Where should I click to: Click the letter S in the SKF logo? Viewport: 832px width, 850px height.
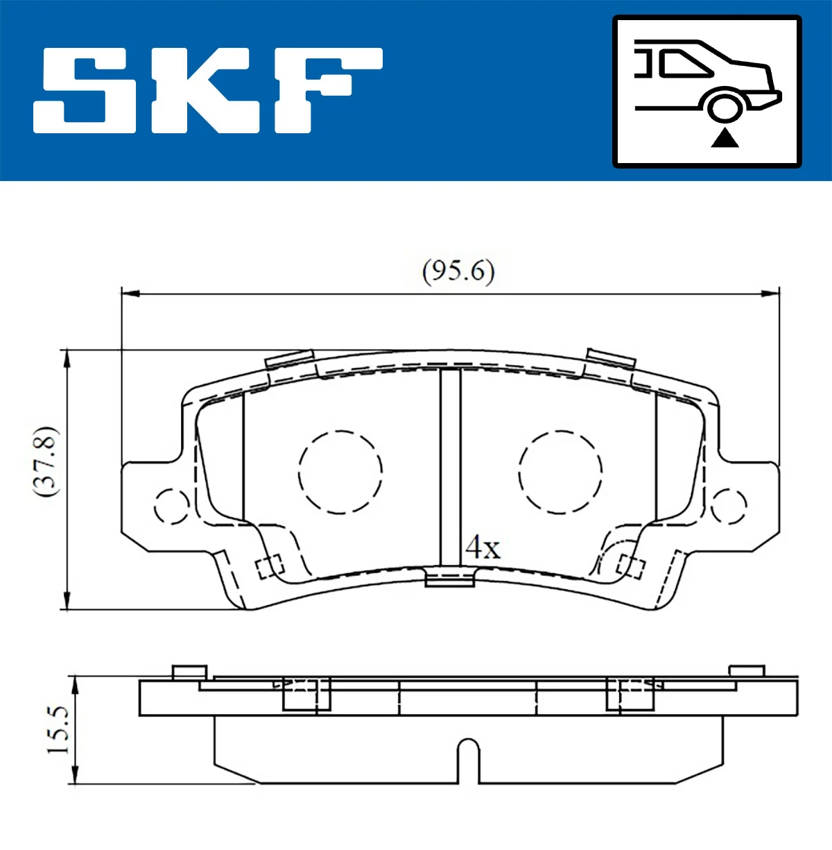[x=85, y=90]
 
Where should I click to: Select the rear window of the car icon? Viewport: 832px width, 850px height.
[x=686, y=63]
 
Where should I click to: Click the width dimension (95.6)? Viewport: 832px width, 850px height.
[x=458, y=271]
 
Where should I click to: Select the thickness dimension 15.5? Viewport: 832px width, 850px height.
[x=58, y=731]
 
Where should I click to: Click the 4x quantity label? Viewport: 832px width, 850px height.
[x=483, y=547]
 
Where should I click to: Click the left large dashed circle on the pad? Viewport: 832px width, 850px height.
[x=340, y=472]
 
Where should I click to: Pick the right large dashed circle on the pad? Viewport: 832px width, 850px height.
[x=560, y=472]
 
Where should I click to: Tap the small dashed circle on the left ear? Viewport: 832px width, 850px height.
[x=171, y=506]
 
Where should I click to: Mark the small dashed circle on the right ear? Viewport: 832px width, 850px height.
[x=729, y=506]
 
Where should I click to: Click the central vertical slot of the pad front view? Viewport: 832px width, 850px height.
[x=451, y=468]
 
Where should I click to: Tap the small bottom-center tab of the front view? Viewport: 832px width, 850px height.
[x=449, y=577]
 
